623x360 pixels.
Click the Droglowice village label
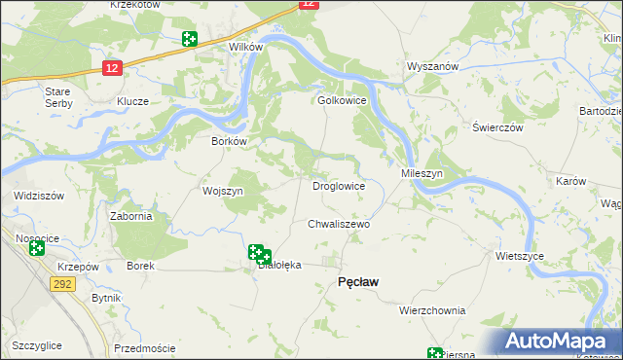pos(338,185)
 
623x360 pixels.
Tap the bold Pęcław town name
pos(357,281)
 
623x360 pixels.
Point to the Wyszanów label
pos(432,66)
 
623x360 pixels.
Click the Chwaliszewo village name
pos(340,224)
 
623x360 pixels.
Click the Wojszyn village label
pos(222,191)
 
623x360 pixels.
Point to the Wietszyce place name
pos(519,256)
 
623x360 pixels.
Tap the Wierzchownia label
pos(432,310)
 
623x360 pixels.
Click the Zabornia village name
pos(130,216)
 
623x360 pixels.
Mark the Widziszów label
pos(39,196)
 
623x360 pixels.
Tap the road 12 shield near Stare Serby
pos(112,67)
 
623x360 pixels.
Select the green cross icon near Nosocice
pos(37,248)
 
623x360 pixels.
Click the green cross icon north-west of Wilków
pos(190,39)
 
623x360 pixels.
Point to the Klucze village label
pos(132,101)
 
